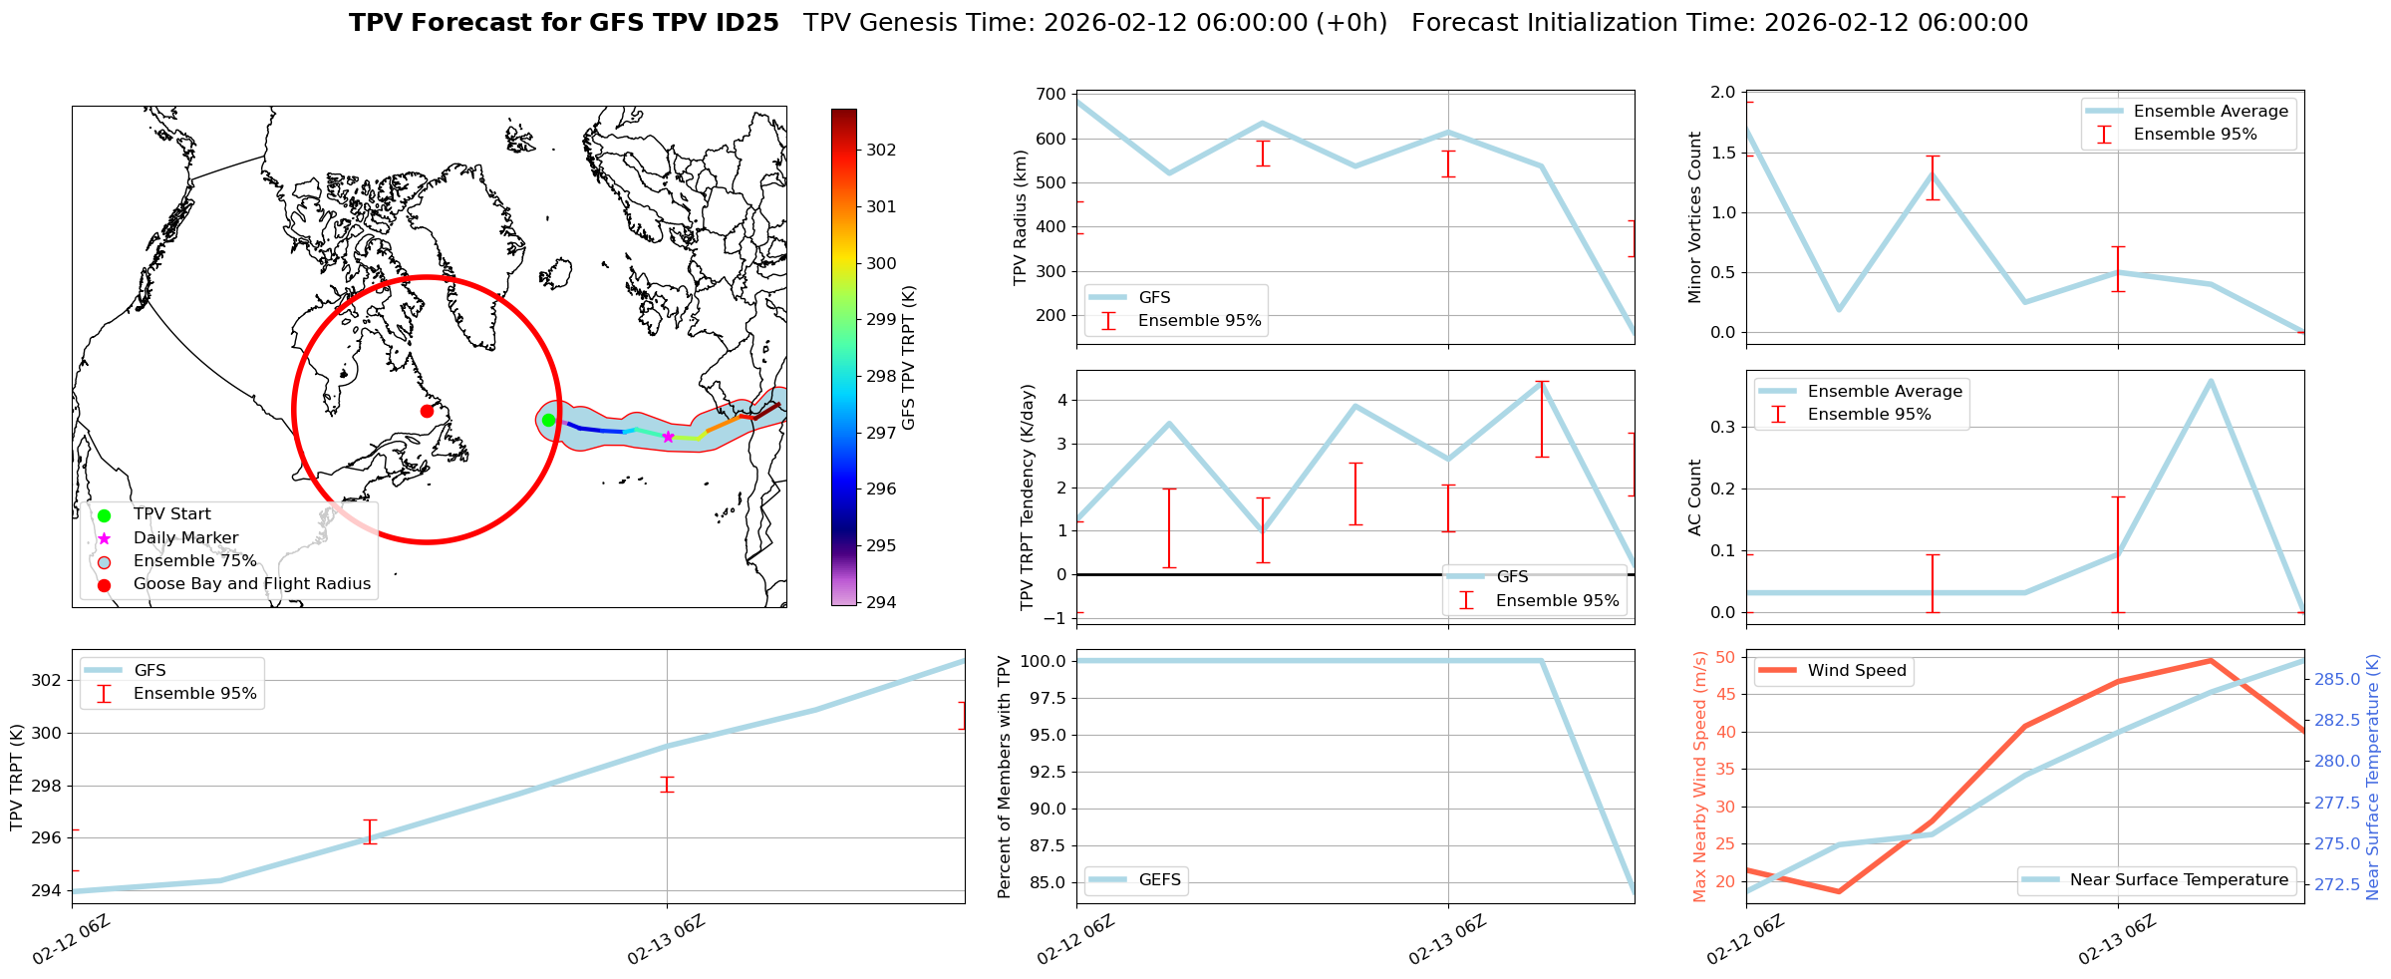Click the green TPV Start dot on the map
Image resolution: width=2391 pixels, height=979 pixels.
tap(548, 420)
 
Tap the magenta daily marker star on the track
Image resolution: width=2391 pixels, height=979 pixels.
tap(668, 437)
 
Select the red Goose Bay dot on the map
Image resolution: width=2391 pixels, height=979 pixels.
tap(427, 411)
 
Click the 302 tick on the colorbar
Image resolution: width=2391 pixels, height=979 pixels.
tap(881, 151)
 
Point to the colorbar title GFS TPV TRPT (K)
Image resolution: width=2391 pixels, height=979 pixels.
tap(908, 358)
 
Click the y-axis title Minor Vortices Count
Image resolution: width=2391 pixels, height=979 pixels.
tap(1694, 217)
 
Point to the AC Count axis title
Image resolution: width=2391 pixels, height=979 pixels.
tap(1694, 497)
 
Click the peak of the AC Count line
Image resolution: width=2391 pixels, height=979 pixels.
tap(2211, 381)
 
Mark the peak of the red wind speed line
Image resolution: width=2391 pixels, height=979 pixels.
tap(2211, 660)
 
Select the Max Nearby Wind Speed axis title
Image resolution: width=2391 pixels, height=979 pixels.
tap(1699, 777)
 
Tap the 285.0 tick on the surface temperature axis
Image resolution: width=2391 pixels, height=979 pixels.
tap(2336, 680)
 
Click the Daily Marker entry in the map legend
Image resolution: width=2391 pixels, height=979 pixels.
tap(185, 538)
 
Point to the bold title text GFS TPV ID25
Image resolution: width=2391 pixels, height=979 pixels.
tap(563, 23)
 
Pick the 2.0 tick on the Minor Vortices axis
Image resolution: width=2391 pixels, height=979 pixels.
tap(1723, 93)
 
